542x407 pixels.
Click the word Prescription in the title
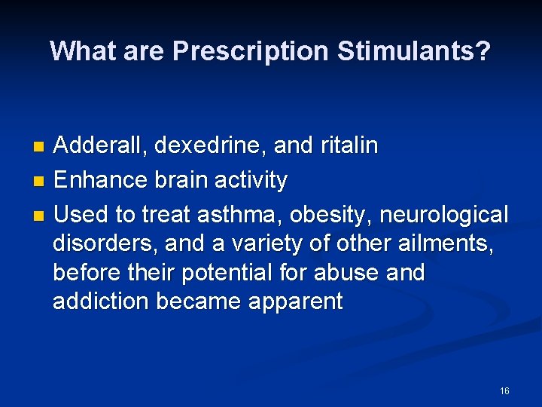[251, 51]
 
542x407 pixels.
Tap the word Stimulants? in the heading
[414, 51]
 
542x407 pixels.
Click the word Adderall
[100, 145]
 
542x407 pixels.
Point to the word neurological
[444, 215]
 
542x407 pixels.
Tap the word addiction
[101, 301]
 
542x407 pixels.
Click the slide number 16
[504, 390]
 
